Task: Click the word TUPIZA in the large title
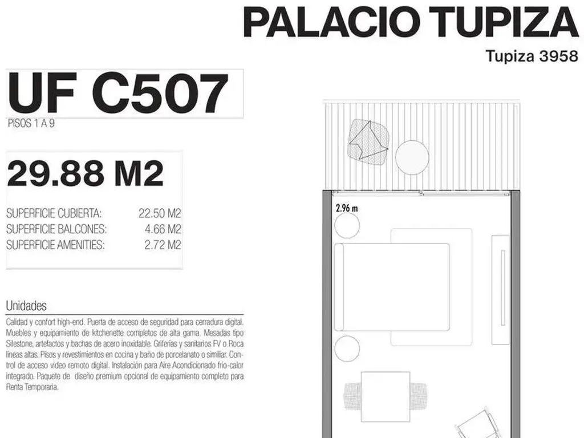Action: coord(504,22)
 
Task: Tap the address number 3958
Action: coord(558,56)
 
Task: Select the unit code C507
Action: coord(160,94)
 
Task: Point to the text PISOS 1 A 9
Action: coord(31,123)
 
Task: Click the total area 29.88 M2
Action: coord(86,173)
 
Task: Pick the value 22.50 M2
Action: coord(160,213)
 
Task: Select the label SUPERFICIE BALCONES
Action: coord(56,229)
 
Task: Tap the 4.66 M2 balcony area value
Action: coord(163,229)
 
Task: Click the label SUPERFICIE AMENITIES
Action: coord(55,245)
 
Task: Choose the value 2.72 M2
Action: coord(163,245)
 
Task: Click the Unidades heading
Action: coord(26,306)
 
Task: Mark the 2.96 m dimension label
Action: coord(347,208)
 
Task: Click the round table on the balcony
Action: coord(412,157)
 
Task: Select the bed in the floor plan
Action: coord(392,287)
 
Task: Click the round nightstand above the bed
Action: coord(347,226)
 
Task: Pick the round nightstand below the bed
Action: coord(347,348)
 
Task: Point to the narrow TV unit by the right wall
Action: coord(500,290)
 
